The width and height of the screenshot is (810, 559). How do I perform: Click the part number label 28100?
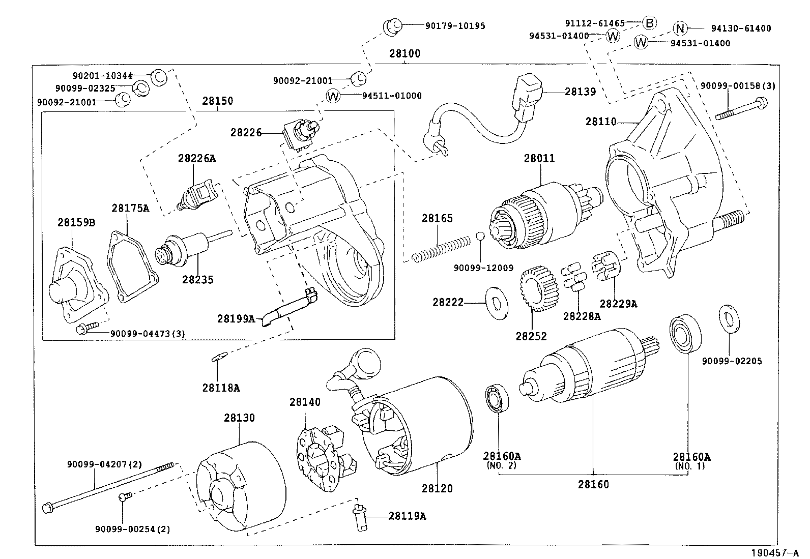(405, 54)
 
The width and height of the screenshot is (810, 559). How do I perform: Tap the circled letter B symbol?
(649, 22)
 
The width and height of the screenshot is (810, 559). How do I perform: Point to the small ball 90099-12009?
(480, 237)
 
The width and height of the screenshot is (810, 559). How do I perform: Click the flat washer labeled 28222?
(497, 303)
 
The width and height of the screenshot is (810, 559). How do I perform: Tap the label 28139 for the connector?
(580, 92)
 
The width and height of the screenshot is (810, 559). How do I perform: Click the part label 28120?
(437, 488)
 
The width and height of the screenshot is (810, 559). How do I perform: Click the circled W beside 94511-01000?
(333, 96)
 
